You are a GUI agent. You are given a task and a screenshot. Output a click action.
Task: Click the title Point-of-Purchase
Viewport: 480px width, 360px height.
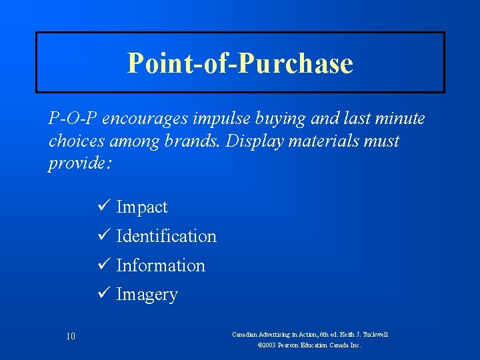click(x=240, y=63)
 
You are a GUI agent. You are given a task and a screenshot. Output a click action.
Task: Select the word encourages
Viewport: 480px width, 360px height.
click(x=135, y=119)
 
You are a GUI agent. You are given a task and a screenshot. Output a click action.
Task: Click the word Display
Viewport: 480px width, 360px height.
click(x=263, y=141)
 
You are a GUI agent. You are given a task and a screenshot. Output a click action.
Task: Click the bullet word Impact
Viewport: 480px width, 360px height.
click(x=142, y=207)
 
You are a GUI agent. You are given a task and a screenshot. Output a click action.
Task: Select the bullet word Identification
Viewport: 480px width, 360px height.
click(x=166, y=236)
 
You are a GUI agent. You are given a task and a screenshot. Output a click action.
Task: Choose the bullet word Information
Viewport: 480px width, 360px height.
click(x=161, y=265)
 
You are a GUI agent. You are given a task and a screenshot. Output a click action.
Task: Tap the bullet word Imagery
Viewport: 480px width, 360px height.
click(x=147, y=295)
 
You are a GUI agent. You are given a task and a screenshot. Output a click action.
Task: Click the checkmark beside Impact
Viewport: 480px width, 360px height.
click(x=103, y=207)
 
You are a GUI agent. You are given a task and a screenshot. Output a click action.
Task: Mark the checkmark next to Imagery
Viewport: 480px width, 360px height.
click(x=103, y=294)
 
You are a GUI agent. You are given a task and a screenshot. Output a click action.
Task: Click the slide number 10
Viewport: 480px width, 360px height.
click(x=71, y=337)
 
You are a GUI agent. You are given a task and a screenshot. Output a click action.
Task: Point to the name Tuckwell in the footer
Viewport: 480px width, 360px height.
click(x=373, y=334)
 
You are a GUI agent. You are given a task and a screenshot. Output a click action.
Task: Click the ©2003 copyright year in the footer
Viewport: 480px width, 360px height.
click(x=268, y=346)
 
